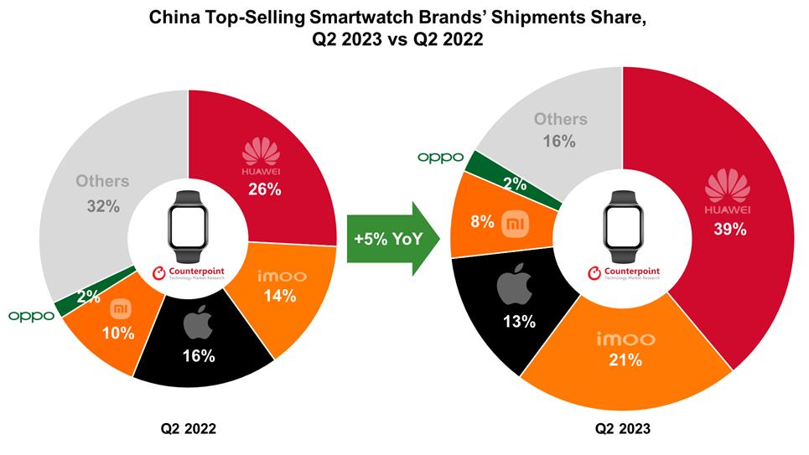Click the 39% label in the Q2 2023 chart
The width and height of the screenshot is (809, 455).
coord(729,229)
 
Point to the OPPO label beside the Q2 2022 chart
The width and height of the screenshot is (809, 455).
coord(31,316)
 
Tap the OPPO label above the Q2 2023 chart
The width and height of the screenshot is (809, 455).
coord(440,157)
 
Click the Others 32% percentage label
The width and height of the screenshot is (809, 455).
coord(102,205)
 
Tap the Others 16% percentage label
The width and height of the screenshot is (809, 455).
coord(558,142)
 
